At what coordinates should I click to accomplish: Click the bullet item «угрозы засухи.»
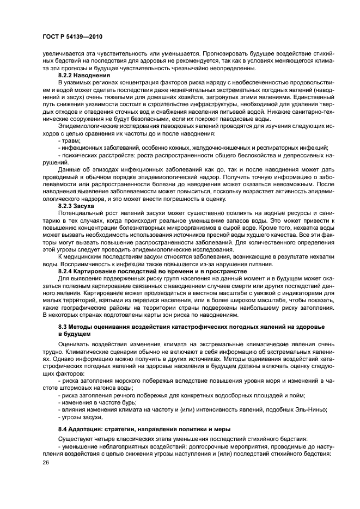81,417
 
